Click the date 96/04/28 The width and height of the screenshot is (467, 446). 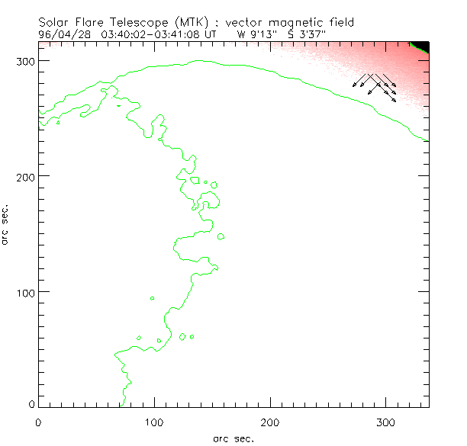tap(60, 34)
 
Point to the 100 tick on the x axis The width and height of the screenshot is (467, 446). tap(154, 420)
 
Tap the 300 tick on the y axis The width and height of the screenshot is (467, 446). tap(24, 59)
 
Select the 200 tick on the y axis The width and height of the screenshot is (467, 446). tap(24, 175)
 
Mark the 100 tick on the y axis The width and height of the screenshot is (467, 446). tap(24, 291)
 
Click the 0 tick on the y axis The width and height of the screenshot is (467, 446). tap(31, 404)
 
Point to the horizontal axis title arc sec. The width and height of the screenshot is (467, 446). tap(233, 438)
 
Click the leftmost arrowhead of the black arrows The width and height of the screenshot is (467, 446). tap(354, 86)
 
